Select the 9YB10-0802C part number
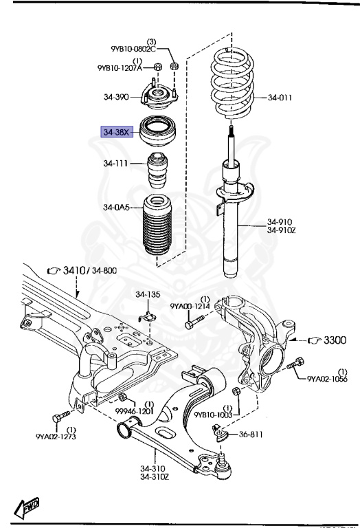click(x=133, y=49)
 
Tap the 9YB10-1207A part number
click(x=120, y=67)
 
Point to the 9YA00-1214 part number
click(x=189, y=306)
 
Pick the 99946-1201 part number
click(x=133, y=411)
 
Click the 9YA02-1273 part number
click(x=56, y=435)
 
